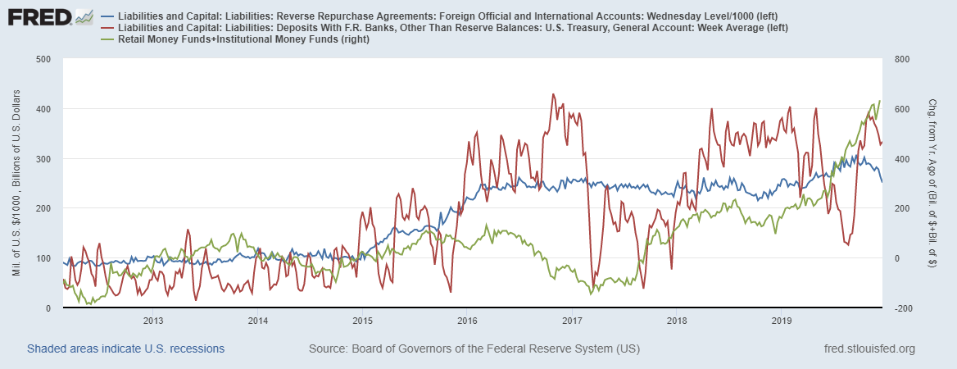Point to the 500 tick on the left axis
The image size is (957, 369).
click(43, 59)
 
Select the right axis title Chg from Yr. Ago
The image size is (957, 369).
click(932, 184)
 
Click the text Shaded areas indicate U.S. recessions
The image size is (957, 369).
click(125, 349)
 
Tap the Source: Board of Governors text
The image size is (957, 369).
click(474, 349)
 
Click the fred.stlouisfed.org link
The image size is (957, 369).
click(868, 349)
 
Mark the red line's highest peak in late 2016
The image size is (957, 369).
click(553, 94)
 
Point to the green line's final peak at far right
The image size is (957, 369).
click(880, 101)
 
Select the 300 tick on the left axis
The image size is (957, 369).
click(43, 158)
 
